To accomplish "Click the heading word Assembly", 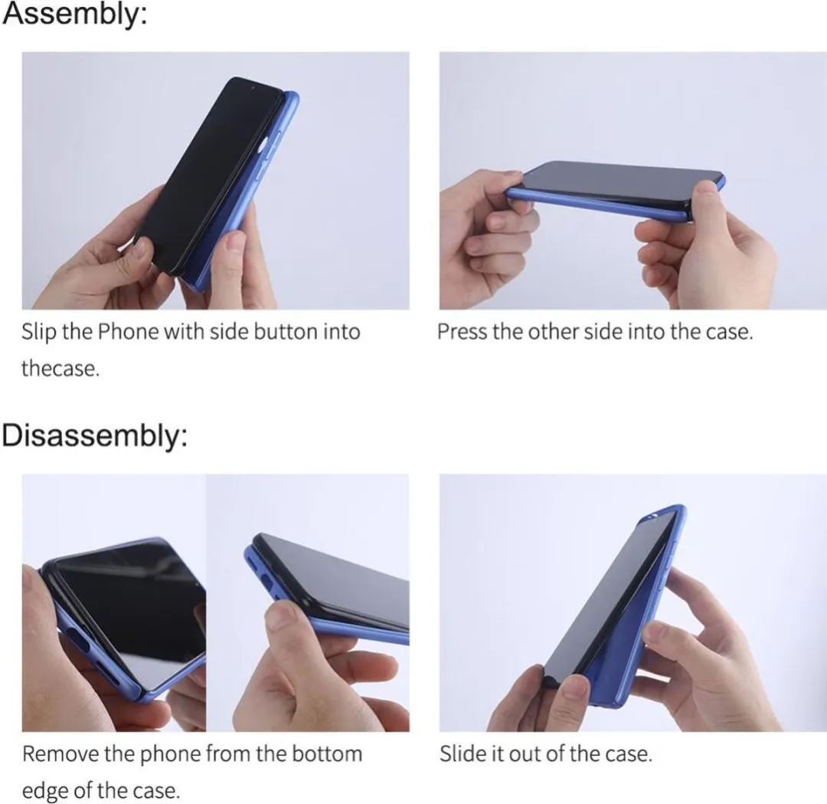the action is coord(74,15).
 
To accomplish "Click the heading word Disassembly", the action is coord(94,436).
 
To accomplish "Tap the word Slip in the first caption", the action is coord(38,333).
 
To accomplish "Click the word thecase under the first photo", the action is coord(60,369).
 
